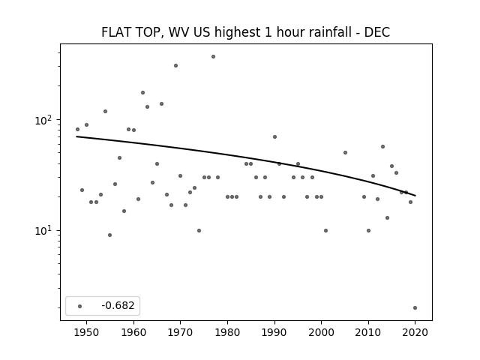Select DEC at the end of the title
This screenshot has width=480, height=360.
coord(376,32)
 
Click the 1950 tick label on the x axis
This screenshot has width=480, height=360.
coord(87,332)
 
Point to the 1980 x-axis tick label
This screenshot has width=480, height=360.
coord(227,332)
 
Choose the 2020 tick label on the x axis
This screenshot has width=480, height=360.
coord(415,332)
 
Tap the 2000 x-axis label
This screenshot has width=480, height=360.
coord(321,332)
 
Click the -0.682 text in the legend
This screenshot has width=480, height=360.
coord(118,305)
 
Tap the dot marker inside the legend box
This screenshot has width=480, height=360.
coord(80,306)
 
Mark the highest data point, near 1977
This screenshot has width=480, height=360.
coord(213,57)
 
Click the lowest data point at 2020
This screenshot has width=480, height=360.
coord(415,308)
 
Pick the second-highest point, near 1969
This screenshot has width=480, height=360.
coord(175,65)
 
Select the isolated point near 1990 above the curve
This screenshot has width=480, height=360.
coord(275,136)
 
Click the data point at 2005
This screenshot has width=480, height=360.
coord(345,152)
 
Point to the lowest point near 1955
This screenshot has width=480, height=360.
coord(110,235)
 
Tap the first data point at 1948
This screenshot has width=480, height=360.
coord(77,130)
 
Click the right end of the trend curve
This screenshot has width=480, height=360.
coord(415,196)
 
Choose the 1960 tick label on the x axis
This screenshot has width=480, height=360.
coord(133,332)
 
